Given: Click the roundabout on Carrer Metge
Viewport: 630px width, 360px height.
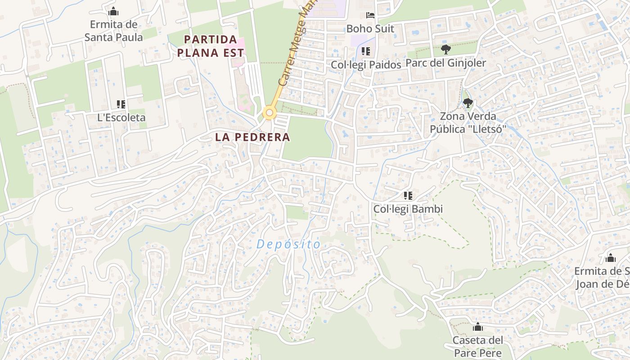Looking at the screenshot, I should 270,112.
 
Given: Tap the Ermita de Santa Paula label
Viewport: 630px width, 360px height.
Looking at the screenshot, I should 114,31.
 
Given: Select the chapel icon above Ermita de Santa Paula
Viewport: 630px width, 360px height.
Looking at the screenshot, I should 114,11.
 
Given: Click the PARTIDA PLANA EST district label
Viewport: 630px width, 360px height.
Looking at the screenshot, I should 211,46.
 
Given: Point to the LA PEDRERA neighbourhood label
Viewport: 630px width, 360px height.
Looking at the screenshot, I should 252,137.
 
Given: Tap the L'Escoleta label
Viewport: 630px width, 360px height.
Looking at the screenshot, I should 121,117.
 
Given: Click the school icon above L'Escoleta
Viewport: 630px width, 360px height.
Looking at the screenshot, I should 121,104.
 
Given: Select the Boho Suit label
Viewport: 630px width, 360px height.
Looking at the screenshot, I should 370,29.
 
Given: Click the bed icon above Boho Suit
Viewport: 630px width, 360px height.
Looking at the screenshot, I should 370,15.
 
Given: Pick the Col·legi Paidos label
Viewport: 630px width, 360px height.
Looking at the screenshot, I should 366,65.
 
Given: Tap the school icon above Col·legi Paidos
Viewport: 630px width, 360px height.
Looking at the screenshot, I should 366,51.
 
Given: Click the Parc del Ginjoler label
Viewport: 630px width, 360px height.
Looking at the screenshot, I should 445,63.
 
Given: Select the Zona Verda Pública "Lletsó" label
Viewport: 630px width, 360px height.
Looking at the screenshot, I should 468,123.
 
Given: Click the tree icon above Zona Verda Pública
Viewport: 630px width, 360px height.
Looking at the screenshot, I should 468,103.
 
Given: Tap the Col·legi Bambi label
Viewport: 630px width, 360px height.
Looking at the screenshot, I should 408,209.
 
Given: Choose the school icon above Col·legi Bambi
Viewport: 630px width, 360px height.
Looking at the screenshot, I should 408,196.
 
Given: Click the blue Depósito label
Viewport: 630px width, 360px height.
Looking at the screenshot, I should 288,244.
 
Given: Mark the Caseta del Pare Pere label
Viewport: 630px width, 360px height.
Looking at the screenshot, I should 477,346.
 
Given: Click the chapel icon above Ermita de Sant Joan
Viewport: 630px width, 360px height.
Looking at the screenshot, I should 611,258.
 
